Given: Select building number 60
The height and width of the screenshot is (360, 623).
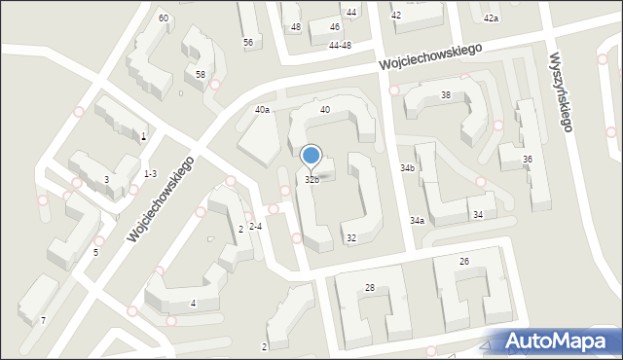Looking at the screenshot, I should [164, 18].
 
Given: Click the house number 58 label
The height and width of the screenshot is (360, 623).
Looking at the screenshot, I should [201, 75].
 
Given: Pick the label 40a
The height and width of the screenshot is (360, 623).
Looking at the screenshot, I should [262, 110].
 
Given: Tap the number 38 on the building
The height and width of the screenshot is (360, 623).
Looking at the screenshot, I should [446, 95].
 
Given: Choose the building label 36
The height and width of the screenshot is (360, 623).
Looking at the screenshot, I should [528, 160].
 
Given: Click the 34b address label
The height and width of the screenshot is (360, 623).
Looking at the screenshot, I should [407, 168].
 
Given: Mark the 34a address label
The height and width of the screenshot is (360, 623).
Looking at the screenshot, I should [417, 221].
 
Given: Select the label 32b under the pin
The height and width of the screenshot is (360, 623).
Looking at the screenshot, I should [311, 180].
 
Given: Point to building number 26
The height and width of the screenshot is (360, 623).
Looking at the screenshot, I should [464, 262].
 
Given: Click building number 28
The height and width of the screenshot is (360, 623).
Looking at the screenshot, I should [370, 287].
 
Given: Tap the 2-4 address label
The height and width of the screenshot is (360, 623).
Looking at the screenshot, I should [255, 227].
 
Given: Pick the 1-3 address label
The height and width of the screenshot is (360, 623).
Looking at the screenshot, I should [150, 174].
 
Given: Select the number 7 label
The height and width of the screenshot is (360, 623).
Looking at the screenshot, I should [43, 320].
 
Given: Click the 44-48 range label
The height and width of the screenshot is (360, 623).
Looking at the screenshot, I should [340, 46].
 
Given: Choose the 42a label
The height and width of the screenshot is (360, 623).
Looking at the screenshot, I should [492, 18].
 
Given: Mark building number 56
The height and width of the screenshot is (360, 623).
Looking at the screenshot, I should [248, 43].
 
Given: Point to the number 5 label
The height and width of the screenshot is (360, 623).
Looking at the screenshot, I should [95, 253].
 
